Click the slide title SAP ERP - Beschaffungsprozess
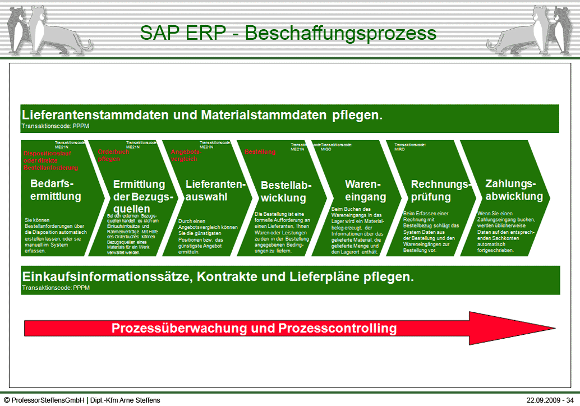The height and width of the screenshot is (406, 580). point(288,33)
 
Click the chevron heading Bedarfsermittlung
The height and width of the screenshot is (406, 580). point(56,190)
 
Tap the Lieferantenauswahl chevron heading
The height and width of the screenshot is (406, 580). point(215,190)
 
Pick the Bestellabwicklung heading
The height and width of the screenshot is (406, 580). point(286,191)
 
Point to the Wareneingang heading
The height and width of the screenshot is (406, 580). point(365,190)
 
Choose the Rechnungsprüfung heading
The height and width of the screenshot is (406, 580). point(440,190)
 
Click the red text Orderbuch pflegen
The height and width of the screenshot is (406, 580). point(114,155)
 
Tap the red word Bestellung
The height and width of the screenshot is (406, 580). point(260,152)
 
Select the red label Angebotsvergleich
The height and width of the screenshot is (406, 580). point(185,155)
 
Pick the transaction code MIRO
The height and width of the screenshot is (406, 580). point(399,150)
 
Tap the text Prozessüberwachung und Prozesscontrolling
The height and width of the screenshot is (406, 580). point(254,328)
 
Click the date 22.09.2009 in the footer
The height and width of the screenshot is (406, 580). point(544,400)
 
